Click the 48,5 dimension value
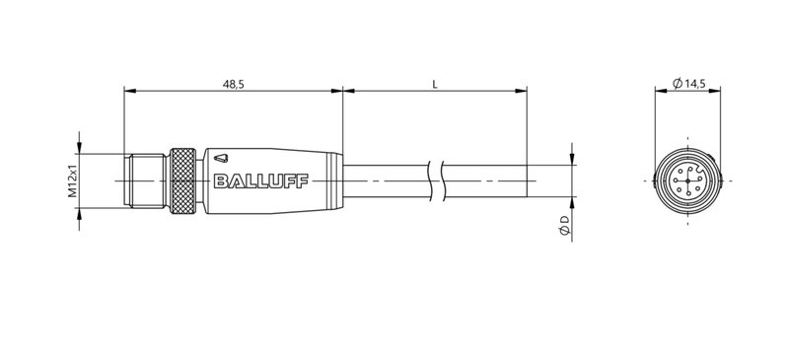click(x=234, y=85)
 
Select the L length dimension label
click(x=435, y=85)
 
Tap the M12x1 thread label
click(x=73, y=181)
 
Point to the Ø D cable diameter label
click(x=563, y=225)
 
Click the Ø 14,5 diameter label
click(x=688, y=85)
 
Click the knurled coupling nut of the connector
click(x=183, y=180)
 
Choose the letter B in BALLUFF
click(x=219, y=181)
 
